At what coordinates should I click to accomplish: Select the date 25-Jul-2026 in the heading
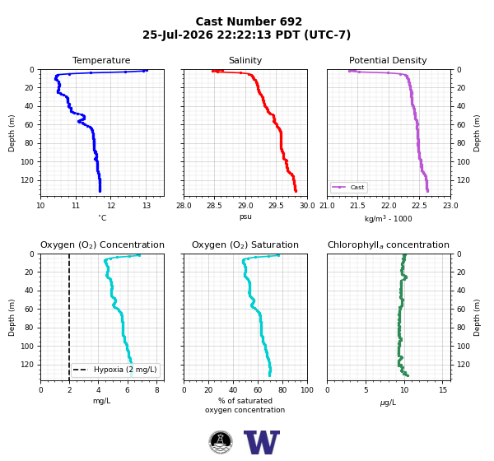coord(178,35)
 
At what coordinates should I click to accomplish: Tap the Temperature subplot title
coord(101,60)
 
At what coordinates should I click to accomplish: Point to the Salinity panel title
coord(245,60)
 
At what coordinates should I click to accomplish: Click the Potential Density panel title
coord(388,60)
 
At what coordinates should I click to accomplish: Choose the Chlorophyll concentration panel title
coord(389,244)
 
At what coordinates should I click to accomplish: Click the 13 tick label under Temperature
coord(147,206)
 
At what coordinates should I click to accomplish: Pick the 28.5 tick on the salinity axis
coord(214,206)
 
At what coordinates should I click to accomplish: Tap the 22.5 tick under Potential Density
coord(420,206)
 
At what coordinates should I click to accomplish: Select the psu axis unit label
coord(245,217)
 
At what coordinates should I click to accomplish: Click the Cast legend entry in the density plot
coord(349,187)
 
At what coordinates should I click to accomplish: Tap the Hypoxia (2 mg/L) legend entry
coord(115,370)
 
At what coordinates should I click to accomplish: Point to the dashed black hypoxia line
coord(69,317)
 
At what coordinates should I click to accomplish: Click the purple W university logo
coord(262,442)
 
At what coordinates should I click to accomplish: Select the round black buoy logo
coord(221,442)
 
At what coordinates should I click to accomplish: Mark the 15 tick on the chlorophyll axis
coord(443,390)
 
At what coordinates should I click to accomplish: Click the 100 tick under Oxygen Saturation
coord(307,390)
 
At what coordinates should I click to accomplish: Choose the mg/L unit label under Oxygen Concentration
coord(102,401)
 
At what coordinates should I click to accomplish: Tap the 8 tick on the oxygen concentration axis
coord(157,390)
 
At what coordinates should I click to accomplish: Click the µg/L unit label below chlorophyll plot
coord(388,403)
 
